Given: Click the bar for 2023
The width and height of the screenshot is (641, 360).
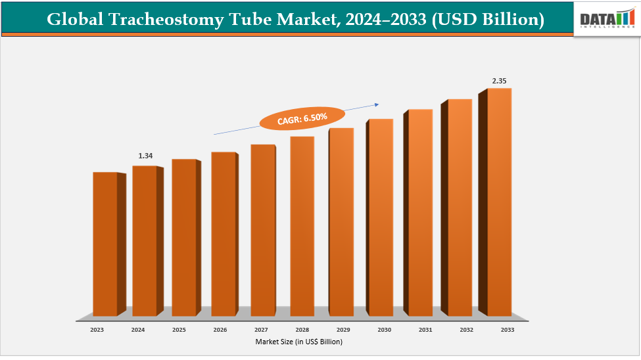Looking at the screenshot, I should pos(105,243).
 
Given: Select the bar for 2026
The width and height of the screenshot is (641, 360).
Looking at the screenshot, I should pos(224,233).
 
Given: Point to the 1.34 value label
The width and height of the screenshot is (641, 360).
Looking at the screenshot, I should pos(145,156).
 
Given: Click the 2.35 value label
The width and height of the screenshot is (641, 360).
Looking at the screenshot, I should pos(499,81).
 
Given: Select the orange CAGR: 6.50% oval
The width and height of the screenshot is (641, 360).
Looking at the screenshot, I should pos(302,118).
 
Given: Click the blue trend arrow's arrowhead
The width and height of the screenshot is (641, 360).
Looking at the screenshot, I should pos(377,103).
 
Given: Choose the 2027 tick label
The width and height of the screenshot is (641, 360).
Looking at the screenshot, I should pos(260,330).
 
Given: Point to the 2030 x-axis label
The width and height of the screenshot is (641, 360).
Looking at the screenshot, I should pos(384,330).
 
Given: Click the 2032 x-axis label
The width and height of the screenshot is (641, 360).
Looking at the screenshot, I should pos(466,330).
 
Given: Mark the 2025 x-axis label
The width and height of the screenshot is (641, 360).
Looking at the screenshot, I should pos(178,330).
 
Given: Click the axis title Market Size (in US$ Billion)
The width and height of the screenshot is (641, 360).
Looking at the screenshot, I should pos(299,342).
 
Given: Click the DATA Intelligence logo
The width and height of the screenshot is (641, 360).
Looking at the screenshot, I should pos(606,18).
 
